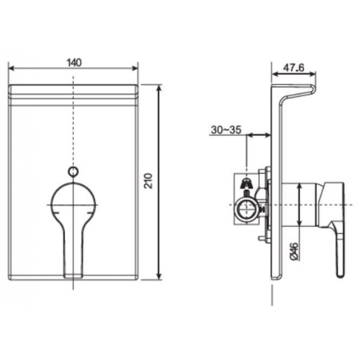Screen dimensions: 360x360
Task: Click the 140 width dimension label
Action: tap(74, 62)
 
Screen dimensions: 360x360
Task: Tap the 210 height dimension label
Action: tap(148, 181)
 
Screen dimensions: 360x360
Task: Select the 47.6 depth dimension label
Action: tap(293, 68)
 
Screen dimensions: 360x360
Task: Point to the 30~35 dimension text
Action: tap(226, 130)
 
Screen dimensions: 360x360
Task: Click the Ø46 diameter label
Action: tap(294, 251)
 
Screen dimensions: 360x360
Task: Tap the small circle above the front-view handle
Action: tap(73, 171)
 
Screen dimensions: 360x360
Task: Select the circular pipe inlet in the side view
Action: tap(246, 209)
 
